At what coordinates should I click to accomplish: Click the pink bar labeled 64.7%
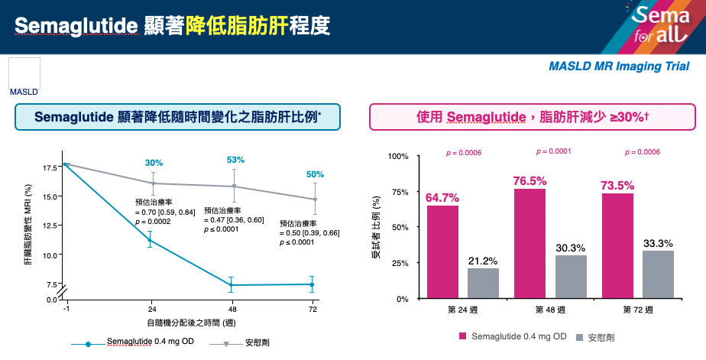pyautogui.click(x=443, y=251)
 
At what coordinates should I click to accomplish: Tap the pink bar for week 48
pyautogui.click(x=529, y=243)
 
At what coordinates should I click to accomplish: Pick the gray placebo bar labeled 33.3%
pyautogui.click(x=658, y=274)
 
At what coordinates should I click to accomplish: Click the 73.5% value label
pyautogui.click(x=617, y=186)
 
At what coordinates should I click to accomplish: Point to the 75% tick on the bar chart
pyautogui.click(x=399, y=192)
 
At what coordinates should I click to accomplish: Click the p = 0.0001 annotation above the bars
pyautogui.click(x=554, y=151)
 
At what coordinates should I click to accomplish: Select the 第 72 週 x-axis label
pyautogui.click(x=636, y=310)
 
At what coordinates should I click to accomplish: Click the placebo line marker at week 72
pyautogui.click(x=314, y=199)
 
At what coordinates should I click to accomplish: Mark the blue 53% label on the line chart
pyautogui.click(x=235, y=160)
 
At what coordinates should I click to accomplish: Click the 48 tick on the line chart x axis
pyautogui.click(x=232, y=309)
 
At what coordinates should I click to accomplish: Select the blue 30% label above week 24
pyautogui.click(x=154, y=163)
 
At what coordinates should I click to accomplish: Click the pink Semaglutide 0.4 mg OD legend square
pyautogui.click(x=463, y=337)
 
